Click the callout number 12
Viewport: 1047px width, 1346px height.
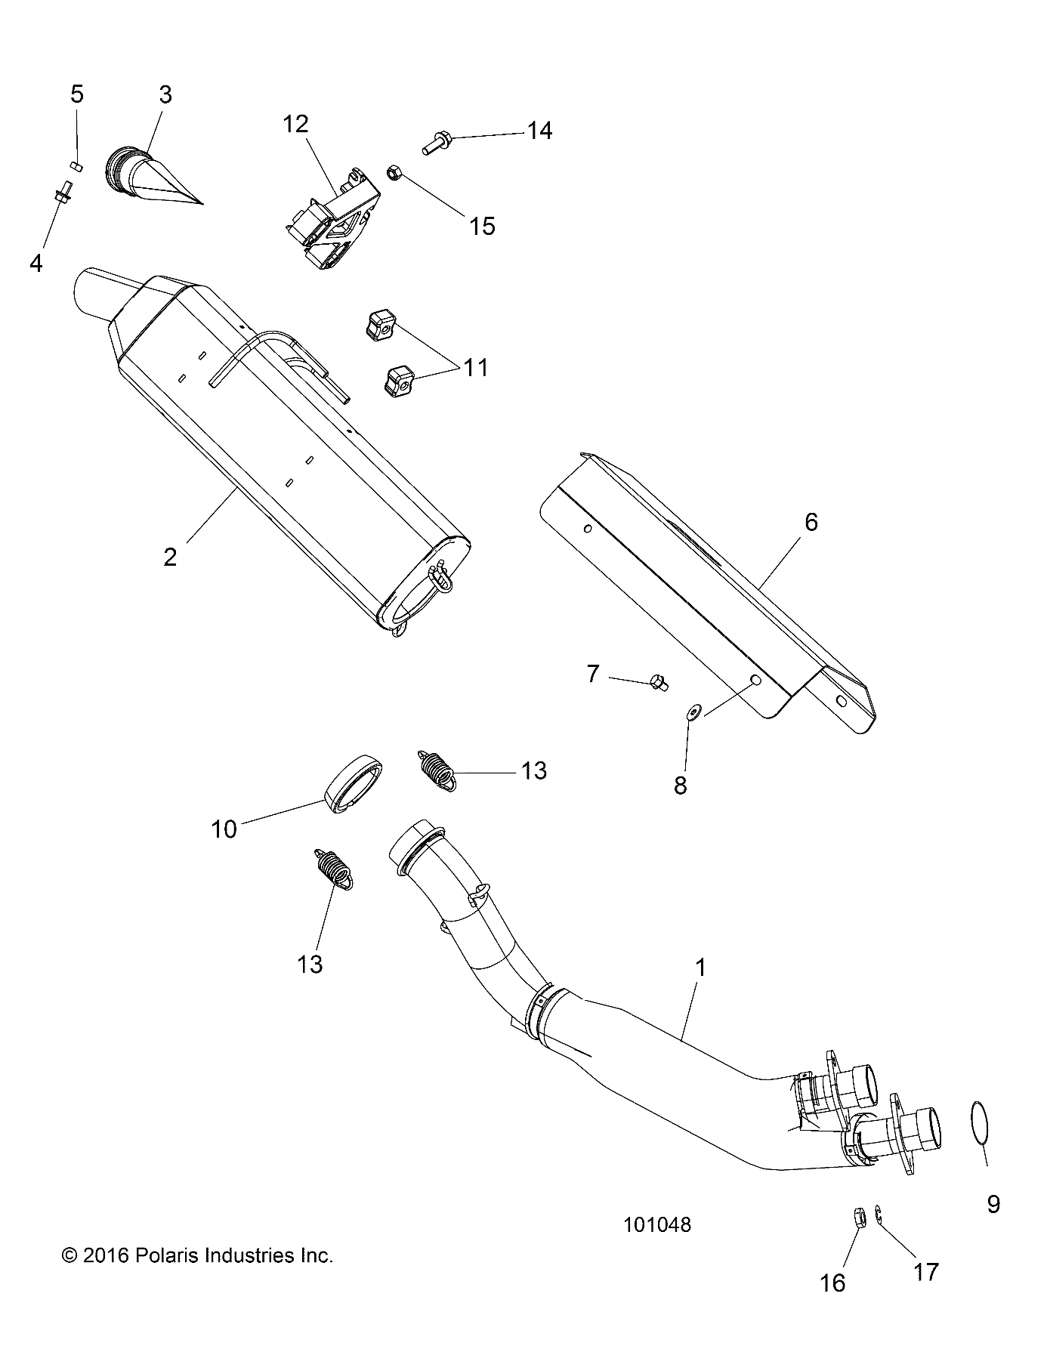click(x=296, y=125)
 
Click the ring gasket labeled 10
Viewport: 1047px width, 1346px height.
click(x=353, y=783)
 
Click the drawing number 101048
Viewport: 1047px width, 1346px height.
click(x=657, y=1225)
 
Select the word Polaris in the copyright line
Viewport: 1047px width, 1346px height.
click(x=163, y=1255)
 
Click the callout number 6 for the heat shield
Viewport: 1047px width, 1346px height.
click(x=811, y=522)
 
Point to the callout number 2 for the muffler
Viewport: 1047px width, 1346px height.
click(x=170, y=557)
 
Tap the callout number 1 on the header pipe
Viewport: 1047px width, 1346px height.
click(x=700, y=968)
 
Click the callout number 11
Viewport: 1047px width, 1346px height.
click(x=476, y=368)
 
